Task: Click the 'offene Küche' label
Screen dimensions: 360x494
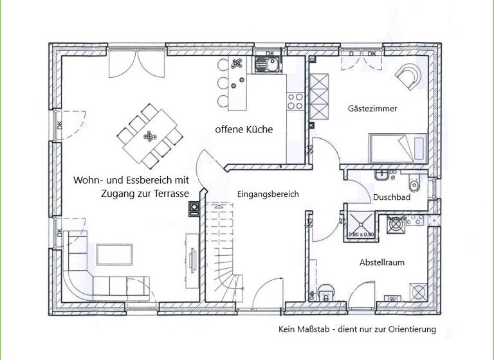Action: [x=244, y=130]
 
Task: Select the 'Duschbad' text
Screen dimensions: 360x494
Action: [x=392, y=198]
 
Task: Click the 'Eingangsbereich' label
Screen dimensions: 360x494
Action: [x=268, y=194]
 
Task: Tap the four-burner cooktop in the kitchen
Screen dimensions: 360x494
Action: [x=295, y=100]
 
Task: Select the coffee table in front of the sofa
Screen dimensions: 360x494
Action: [x=114, y=255]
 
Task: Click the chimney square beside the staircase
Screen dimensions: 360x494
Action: [x=194, y=208]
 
